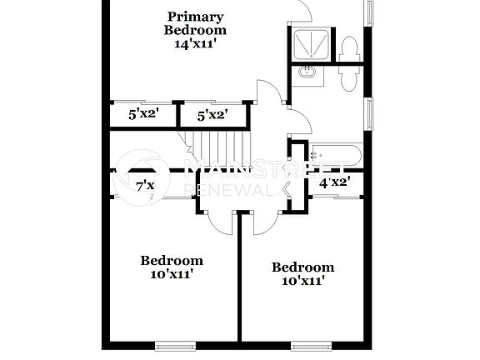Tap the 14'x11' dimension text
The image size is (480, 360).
[194, 44]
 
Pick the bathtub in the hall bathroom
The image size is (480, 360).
[336, 154]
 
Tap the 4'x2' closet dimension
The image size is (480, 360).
[334, 181]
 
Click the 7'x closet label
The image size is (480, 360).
[145, 186]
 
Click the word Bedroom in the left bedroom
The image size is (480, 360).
[172, 259]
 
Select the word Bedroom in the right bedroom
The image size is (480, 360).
[303, 267]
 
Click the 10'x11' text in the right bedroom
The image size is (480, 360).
[303, 281]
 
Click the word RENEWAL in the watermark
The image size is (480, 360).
[232, 191]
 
